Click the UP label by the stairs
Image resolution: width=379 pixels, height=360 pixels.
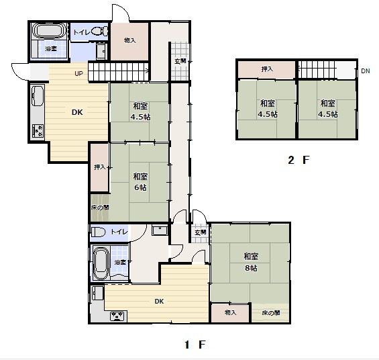(x=79, y=73)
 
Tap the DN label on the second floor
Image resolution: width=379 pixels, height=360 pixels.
(x=365, y=71)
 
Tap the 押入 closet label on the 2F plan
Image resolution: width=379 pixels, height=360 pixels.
(x=267, y=69)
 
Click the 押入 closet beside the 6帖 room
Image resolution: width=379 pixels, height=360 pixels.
(x=99, y=167)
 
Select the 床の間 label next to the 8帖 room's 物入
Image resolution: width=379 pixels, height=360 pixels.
(x=270, y=313)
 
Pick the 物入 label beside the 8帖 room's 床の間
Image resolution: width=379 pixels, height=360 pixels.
(x=231, y=313)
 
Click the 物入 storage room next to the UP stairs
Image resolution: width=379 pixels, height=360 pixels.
(x=129, y=40)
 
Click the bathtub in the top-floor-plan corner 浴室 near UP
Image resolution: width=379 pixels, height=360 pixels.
(x=49, y=32)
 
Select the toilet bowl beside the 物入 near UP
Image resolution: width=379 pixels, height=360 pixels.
(x=99, y=31)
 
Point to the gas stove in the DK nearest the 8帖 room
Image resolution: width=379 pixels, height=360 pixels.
(x=118, y=316)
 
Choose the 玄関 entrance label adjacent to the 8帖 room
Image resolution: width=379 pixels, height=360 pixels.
(x=201, y=232)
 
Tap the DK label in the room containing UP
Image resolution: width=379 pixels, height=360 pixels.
(x=77, y=112)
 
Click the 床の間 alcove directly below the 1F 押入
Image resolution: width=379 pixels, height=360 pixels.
(x=99, y=208)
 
